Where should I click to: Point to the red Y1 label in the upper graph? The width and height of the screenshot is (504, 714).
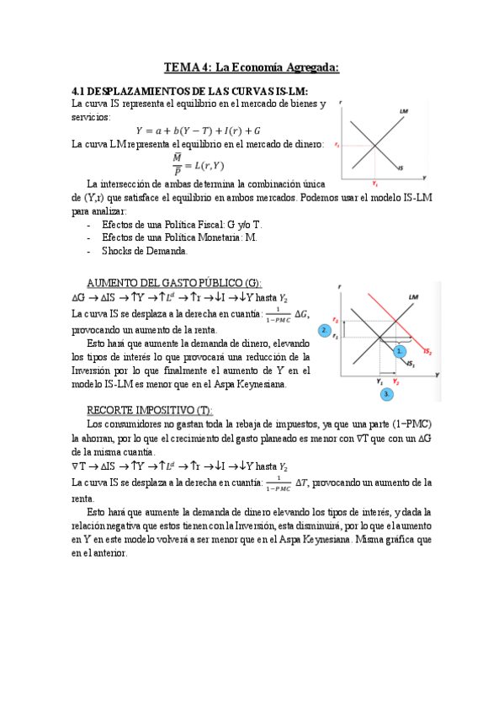(x=374, y=183)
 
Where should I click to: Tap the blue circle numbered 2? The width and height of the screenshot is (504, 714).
(x=324, y=331)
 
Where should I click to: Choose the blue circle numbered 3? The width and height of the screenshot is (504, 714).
(x=386, y=393)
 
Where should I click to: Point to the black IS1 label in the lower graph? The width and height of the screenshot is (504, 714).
(x=410, y=364)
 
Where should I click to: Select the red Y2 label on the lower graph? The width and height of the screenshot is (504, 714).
(x=395, y=381)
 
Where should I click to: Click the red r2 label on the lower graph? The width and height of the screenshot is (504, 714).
(x=335, y=320)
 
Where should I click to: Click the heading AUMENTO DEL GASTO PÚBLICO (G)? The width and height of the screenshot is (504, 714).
(x=175, y=282)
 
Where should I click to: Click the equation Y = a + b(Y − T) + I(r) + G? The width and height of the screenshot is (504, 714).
(x=198, y=131)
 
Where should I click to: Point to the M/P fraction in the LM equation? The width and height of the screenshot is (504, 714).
(x=178, y=162)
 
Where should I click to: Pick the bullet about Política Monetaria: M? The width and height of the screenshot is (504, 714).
(x=179, y=237)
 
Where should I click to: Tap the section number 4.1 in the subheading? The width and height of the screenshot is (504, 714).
(x=80, y=90)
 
